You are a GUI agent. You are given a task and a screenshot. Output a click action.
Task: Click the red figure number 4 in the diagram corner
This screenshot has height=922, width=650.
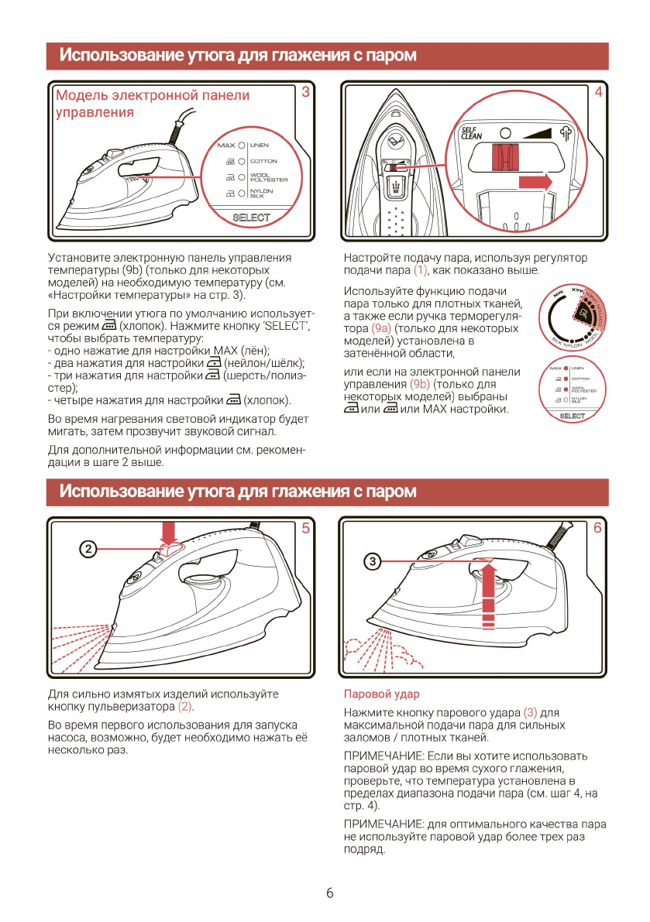[x=598, y=92]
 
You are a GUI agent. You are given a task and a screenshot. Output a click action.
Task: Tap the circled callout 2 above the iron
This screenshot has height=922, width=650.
[x=89, y=548]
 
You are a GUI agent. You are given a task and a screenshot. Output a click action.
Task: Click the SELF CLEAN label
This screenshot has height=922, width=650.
[x=471, y=133]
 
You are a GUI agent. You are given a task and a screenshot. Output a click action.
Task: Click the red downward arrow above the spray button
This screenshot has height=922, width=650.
[x=170, y=532]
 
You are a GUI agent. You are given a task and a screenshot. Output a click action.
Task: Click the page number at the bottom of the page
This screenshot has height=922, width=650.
[x=329, y=893]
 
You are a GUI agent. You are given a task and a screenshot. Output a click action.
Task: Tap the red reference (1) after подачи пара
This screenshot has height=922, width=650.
[x=421, y=269]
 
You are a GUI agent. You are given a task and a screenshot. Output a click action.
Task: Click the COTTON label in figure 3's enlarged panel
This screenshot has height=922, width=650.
[x=263, y=161]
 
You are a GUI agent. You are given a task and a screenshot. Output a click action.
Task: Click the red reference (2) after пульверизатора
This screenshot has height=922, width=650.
[x=186, y=707]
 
